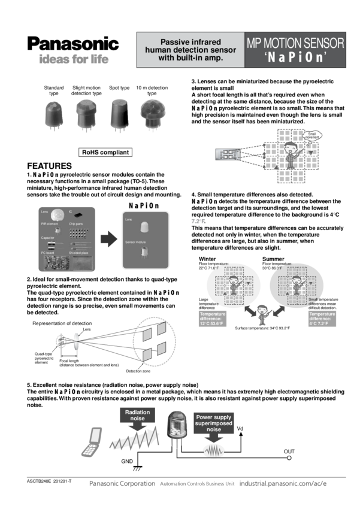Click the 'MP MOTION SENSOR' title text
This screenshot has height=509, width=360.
pyautogui.click(x=295, y=43)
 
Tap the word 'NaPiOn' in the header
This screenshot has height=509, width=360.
pyautogui.click(x=295, y=58)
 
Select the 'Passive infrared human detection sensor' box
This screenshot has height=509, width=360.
pyautogui.click(x=190, y=50)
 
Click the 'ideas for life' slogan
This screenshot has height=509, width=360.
pyautogui.click(x=74, y=60)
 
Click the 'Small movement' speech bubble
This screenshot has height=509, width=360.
pyautogui.click(x=312, y=135)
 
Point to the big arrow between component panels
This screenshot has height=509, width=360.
pyautogui.click(x=108, y=239)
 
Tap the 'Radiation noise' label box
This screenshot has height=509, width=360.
pyautogui.click(x=138, y=414)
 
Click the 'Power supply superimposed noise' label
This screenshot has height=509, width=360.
pyautogui.click(x=213, y=423)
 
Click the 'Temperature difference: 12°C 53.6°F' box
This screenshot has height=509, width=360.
pyautogui.click(x=214, y=319)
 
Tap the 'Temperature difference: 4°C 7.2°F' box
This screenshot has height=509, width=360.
pyautogui.click(x=323, y=319)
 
